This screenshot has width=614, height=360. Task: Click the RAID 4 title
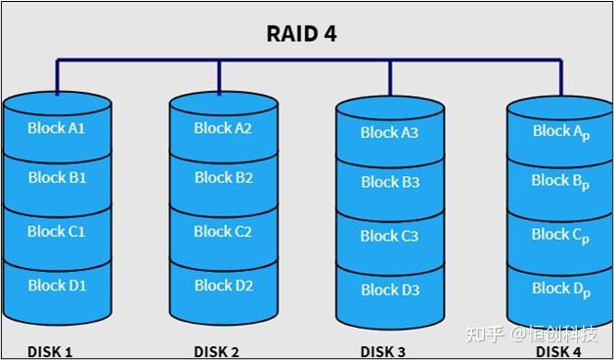(302, 33)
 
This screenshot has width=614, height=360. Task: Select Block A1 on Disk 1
(57, 127)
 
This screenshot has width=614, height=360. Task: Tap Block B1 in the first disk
(57, 177)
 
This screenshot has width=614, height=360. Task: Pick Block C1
(57, 231)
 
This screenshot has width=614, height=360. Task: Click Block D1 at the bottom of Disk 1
(57, 285)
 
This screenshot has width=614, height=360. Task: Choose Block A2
(223, 127)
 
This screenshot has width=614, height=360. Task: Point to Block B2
(223, 177)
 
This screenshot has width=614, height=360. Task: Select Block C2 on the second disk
(223, 231)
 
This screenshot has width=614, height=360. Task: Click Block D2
(223, 285)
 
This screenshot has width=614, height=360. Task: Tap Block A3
(389, 132)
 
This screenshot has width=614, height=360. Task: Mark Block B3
(389, 182)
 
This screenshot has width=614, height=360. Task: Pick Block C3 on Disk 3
(389, 236)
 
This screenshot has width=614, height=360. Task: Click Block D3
(389, 290)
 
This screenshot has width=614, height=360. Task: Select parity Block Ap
(561, 131)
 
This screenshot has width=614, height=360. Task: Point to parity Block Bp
(561, 181)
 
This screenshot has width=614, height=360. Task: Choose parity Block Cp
(561, 235)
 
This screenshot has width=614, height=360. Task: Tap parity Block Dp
(561, 289)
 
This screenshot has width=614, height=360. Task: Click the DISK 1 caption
(50, 351)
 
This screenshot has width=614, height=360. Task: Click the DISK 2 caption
(217, 351)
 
